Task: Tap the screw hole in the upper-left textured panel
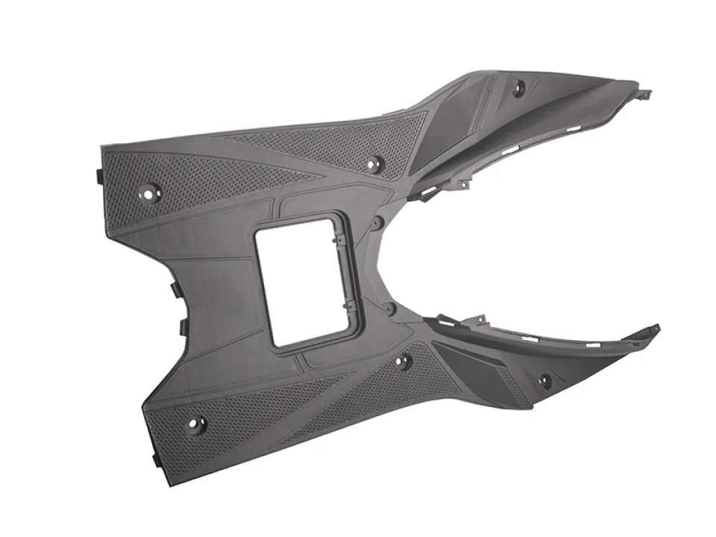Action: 150,192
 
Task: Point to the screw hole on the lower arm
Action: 545,381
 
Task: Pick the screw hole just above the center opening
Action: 374,164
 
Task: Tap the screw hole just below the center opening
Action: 402,362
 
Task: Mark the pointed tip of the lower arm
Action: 656,327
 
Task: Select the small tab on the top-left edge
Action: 98,175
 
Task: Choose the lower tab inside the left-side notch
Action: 181,327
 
